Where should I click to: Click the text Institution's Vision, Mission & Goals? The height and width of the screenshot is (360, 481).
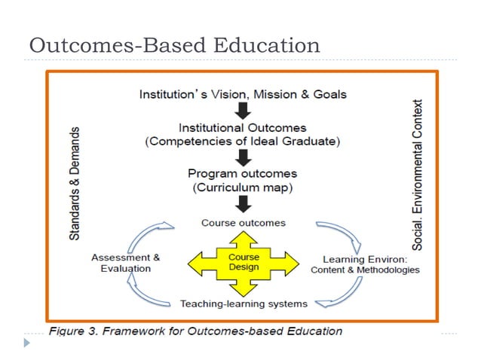(x=243, y=95)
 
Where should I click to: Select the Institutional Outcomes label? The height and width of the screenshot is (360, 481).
(x=243, y=127)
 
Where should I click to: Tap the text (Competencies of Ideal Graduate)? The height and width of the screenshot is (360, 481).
(x=243, y=140)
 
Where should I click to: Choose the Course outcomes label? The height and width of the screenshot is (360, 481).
(x=243, y=223)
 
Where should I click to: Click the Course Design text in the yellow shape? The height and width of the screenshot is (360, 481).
(x=244, y=262)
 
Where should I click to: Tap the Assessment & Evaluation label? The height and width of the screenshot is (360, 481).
(x=126, y=262)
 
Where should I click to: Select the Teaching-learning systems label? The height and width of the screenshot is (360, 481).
(x=244, y=304)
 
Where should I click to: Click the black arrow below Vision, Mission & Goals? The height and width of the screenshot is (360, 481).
(x=243, y=111)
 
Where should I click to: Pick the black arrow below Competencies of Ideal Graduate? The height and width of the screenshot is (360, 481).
(x=243, y=157)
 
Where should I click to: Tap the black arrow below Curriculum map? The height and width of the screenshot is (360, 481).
(x=243, y=203)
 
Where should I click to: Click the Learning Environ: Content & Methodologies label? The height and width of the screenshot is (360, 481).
(x=366, y=264)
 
